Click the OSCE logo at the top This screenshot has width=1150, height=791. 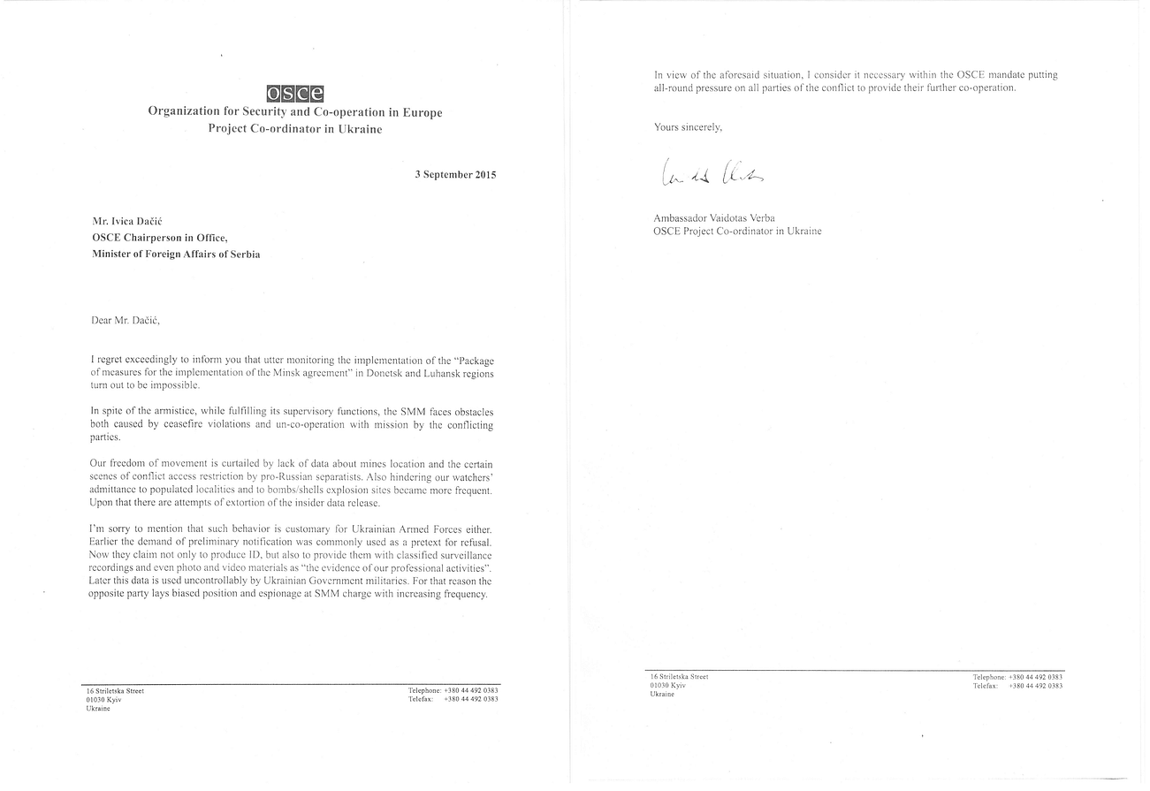[294, 94]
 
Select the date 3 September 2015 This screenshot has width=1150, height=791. [455, 174]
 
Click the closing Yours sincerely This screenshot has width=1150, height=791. [688, 127]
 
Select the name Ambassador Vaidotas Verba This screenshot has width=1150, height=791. [714, 217]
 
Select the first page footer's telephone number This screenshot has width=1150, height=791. [471, 690]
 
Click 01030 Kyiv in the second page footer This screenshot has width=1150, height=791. [668, 685]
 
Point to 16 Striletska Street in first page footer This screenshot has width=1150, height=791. [115, 690]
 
